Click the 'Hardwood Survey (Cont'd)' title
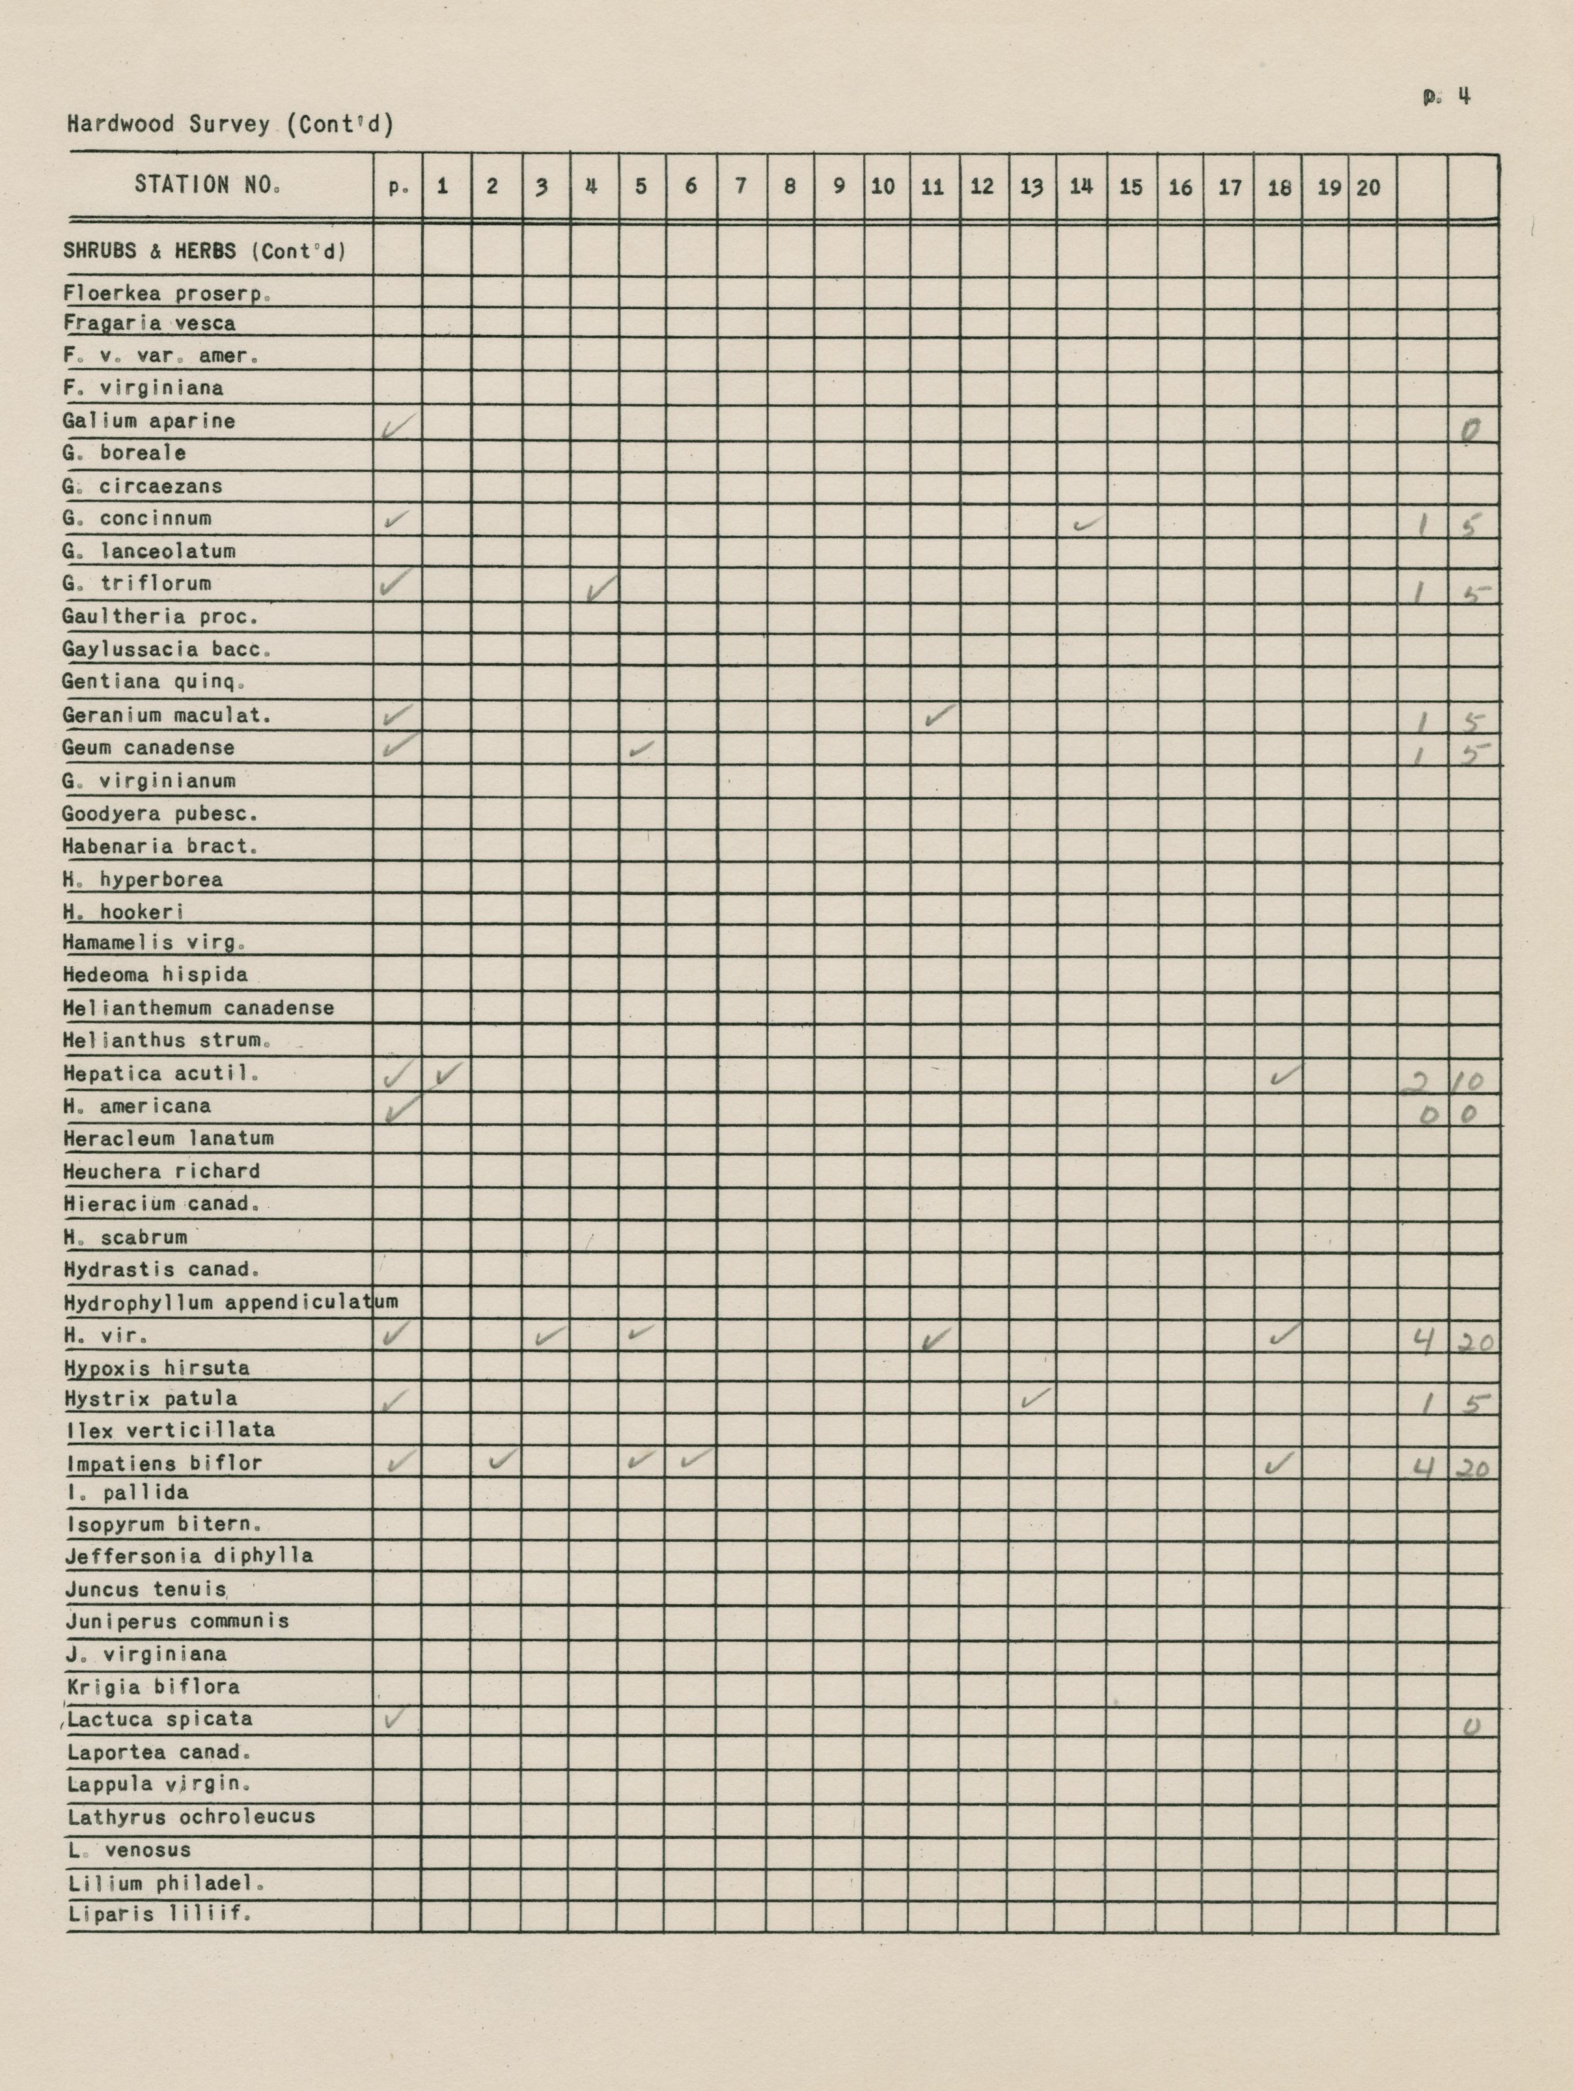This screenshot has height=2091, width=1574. (x=230, y=124)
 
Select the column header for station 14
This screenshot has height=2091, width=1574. (x=1081, y=186)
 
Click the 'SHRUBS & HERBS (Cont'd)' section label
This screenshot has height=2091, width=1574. (x=204, y=251)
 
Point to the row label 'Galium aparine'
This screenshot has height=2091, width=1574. (x=148, y=422)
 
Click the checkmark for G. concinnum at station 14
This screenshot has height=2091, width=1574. (x=1088, y=523)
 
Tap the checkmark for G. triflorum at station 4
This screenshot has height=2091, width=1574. (x=600, y=590)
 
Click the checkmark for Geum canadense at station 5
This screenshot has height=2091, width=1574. (x=641, y=750)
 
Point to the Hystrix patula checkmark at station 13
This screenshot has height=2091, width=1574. (x=1037, y=1397)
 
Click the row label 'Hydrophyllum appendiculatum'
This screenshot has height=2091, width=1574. (x=230, y=1303)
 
